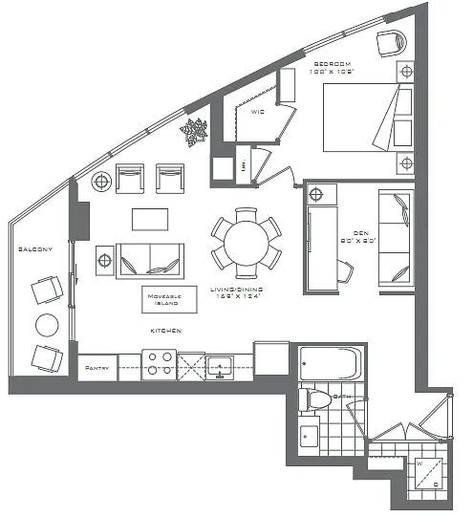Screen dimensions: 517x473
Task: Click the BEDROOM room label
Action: coord(332,64)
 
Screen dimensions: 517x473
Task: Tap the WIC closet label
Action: coord(257,112)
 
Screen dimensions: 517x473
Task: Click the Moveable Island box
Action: coord(164,299)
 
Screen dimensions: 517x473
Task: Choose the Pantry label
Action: coord(96,367)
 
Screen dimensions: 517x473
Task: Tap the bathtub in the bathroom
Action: coord(330,364)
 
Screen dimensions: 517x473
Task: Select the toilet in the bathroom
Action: coord(314,399)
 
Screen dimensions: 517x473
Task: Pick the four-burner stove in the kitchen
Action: coord(158,365)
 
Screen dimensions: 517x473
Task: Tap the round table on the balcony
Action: coord(48,325)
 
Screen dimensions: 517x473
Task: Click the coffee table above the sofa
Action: coord(150,219)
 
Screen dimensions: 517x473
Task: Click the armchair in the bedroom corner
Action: coord(391,42)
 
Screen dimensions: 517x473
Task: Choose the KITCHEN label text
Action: coord(164,331)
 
